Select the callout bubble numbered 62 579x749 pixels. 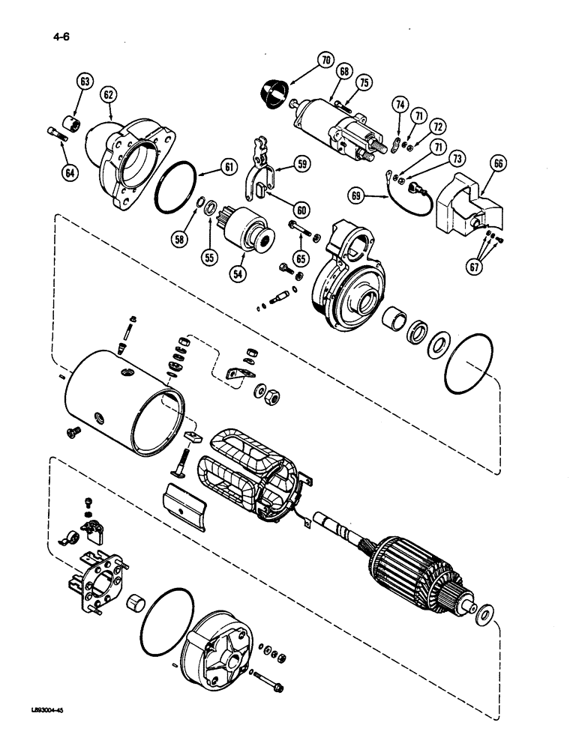click(109, 94)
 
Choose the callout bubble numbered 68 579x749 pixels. click(344, 72)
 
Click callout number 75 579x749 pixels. click(364, 83)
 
